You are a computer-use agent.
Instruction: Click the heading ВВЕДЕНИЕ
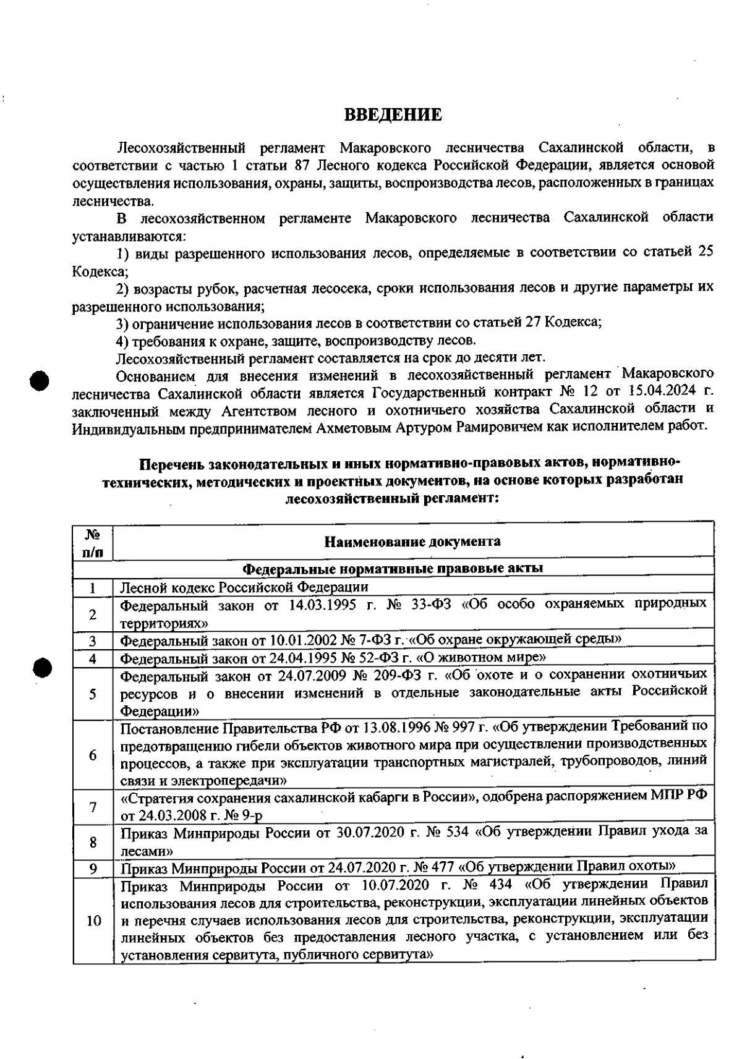pyautogui.click(x=393, y=115)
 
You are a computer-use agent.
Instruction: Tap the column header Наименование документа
pyautogui.click(x=412, y=542)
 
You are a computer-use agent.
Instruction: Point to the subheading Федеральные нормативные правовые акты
pyautogui.click(x=393, y=568)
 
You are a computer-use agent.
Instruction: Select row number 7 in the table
pyautogui.click(x=93, y=807)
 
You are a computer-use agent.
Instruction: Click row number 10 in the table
pyautogui.click(x=93, y=921)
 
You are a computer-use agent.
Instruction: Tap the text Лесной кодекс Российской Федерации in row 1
pyautogui.click(x=244, y=587)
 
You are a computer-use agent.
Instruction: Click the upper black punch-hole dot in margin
pyautogui.click(x=39, y=380)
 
